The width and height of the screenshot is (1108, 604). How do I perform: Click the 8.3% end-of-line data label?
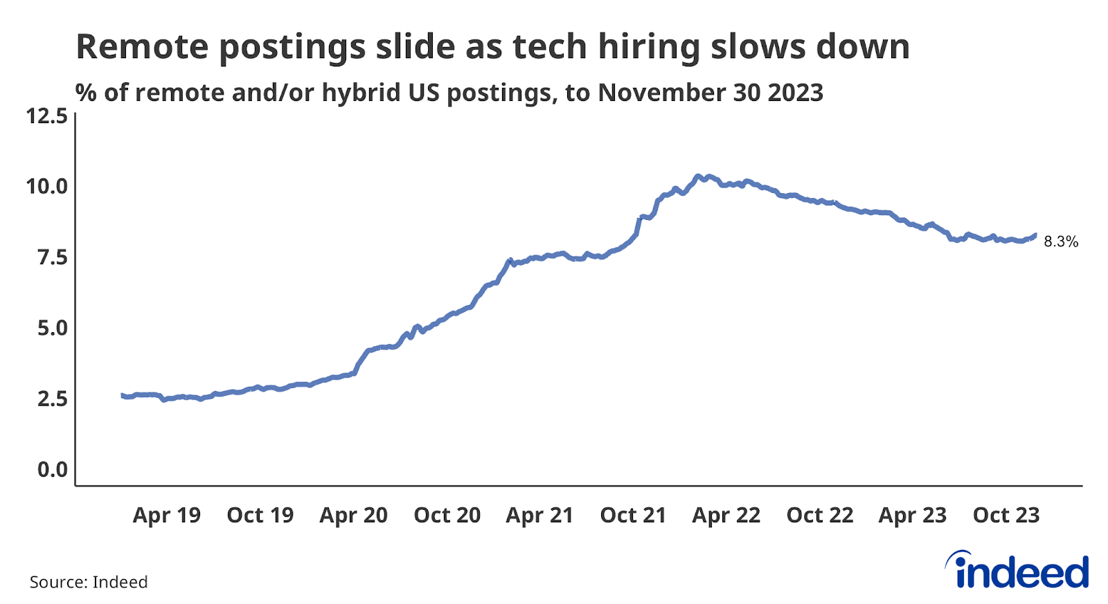pos(1060,241)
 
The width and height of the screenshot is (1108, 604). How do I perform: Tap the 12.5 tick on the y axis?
pos(47,116)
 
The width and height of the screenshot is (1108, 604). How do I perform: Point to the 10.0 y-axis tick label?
pos(47,186)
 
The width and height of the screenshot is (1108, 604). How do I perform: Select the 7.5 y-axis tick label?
pos(52,257)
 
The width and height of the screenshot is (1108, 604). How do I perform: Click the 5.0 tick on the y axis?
pos(52,328)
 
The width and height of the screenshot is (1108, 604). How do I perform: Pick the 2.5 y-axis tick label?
pos(52,399)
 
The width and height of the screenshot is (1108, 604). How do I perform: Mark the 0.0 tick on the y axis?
pos(52,470)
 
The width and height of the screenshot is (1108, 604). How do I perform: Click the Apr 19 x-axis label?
pos(166,515)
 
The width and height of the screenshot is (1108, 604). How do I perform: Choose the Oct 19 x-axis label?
pos(260,515)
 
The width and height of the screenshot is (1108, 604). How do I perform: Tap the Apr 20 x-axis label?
pos(353,515)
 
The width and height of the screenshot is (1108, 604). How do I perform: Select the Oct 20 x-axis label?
pos(447,515)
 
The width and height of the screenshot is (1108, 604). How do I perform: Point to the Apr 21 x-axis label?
pos(539,515)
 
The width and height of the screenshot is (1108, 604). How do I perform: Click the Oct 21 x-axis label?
pos(633,515)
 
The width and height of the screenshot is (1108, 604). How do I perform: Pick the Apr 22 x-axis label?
pos(726,515)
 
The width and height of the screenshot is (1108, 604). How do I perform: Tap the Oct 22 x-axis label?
pos(820,515)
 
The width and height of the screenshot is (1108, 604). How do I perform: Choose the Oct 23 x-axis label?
pos(1006,515)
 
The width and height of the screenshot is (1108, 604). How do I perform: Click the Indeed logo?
pos(1017,571)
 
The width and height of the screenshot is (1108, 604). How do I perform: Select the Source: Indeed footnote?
pos(89,582)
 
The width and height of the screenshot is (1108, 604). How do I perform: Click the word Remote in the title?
pos(141,47)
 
